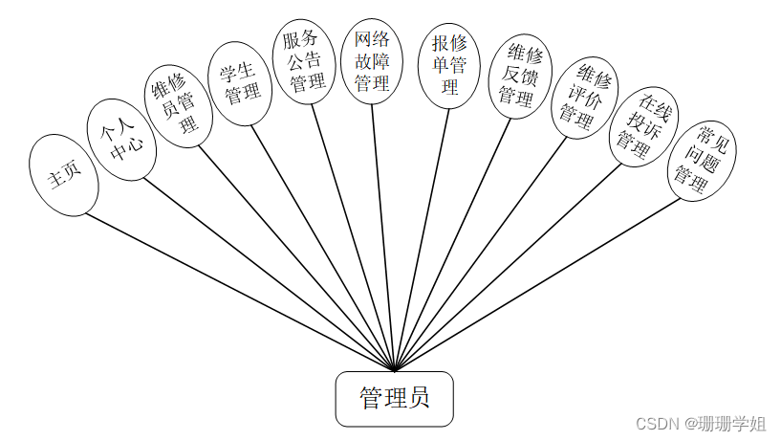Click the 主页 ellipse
pos(64,174)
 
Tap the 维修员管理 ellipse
pos(178,105)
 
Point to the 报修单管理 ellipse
pos(448,65)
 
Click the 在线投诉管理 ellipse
pos(641,128)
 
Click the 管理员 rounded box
pos(394,398)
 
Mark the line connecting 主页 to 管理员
pos(239,291)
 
